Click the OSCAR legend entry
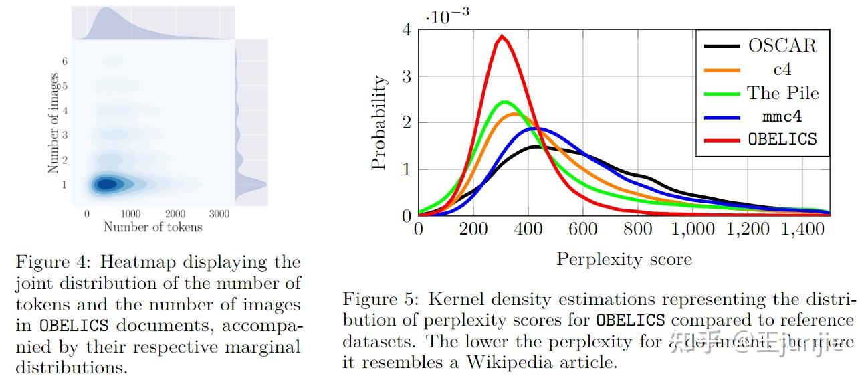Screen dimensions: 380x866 click(x=782, y=45)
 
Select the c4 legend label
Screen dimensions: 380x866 click(x=782, y=69)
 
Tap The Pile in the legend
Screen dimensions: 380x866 click(x=782, y=92)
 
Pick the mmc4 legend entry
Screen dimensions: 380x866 click(x=782, y=116)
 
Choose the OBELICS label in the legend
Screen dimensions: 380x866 click(x=782, y=139)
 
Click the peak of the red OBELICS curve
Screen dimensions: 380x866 click(x=502, y=36)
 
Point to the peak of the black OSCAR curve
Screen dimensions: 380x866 click(x=536, y=146)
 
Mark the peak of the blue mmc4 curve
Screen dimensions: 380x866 click(x=539, y=128)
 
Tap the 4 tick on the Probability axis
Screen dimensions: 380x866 click(x=407, y=29)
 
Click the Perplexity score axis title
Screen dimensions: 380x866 click(x=624, y=260)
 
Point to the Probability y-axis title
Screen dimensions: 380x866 click(x=379, y=122)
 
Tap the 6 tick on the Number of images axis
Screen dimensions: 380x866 click(x=65, y=61)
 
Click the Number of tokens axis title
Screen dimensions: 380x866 click(x=152, y=227)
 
